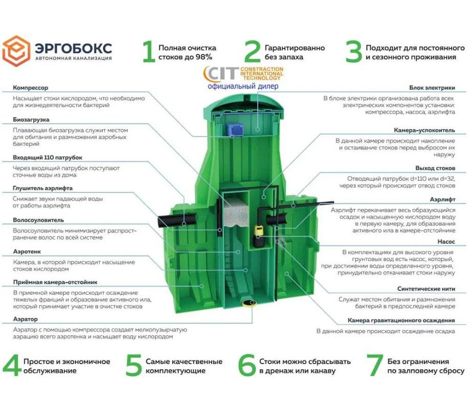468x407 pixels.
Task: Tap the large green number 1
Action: tap(148, 52)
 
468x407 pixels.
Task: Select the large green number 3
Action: tap(353, 52)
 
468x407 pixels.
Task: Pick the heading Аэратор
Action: tap(25, 319)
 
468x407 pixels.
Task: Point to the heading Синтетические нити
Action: tap(426, 289)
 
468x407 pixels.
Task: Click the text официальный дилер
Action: tap(243, 87)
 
